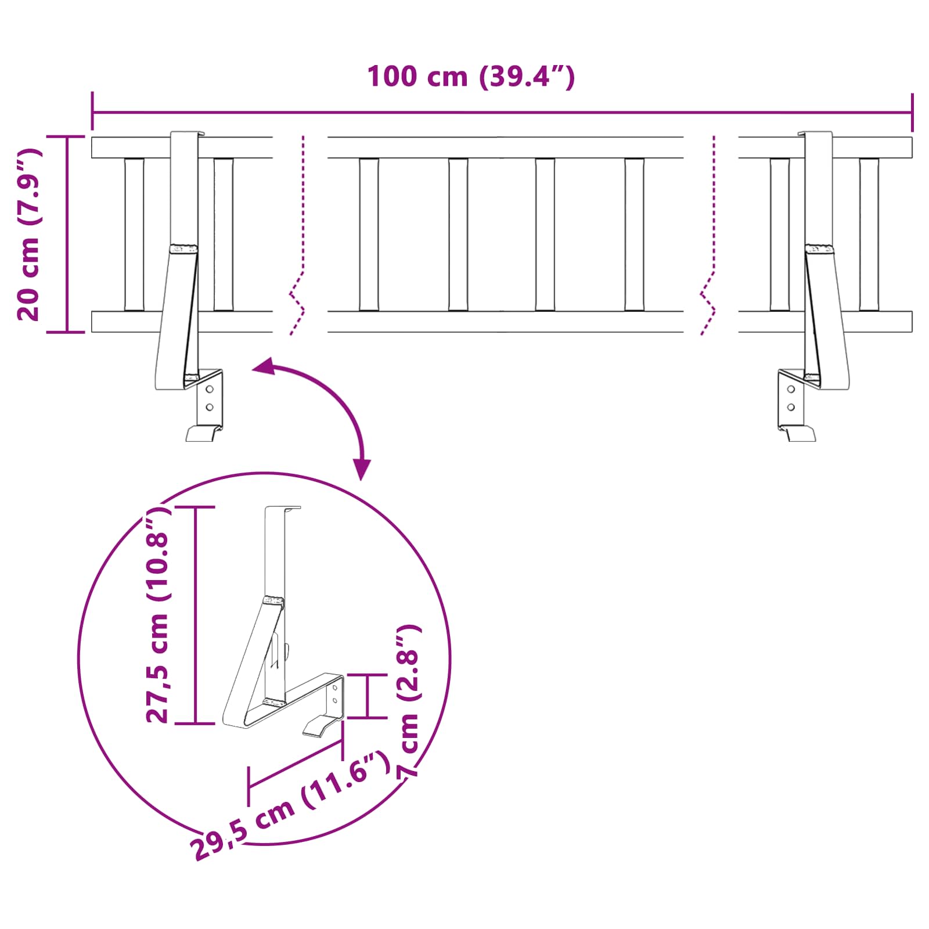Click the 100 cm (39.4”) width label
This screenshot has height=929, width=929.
471,77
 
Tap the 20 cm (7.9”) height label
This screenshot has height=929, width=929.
28,235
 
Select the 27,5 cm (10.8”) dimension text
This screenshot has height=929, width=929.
157,615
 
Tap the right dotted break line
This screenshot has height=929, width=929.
709,235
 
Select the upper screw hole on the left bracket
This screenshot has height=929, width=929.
210,389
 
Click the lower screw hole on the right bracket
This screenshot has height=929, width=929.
791,407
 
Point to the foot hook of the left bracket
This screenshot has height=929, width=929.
203,433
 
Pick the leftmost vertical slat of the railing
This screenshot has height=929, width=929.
134,235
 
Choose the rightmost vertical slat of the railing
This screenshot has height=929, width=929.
869,235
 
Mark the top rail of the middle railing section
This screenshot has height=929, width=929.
505,147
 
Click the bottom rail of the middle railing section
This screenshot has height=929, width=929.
505,322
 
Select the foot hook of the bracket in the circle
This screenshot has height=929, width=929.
322,726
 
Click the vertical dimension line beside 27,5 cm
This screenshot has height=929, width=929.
196,615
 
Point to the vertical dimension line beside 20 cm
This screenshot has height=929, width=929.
67,234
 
